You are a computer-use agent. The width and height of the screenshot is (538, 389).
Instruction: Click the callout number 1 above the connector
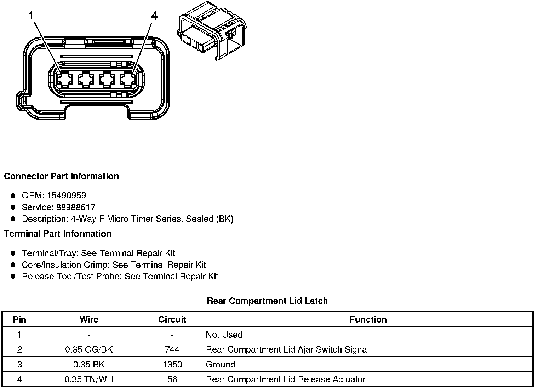31,16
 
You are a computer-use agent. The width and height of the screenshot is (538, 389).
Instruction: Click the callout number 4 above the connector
154,16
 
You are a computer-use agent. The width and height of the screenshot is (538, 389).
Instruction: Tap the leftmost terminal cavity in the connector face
65,80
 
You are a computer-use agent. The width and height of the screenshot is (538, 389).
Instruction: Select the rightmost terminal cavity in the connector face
128,80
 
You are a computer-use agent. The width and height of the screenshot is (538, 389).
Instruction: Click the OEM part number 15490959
67,196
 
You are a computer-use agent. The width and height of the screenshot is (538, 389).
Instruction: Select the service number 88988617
76,207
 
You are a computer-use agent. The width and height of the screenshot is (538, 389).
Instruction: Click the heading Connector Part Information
62,176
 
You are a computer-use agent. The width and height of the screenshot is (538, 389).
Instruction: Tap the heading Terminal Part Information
58,233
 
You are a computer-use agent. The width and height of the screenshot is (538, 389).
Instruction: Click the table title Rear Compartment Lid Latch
267,301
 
